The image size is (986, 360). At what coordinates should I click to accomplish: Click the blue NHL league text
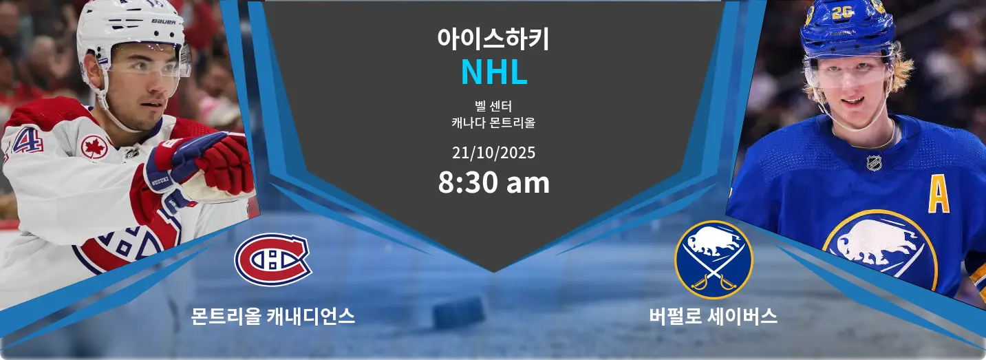(493, 72)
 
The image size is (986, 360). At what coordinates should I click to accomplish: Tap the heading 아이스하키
(493, 39)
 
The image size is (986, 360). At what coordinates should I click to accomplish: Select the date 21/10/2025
(493, 153)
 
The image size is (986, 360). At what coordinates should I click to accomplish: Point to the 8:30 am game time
(493, 182)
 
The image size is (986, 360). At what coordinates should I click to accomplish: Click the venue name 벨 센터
(493, 106)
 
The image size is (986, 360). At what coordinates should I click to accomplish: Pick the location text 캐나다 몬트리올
(493, 123)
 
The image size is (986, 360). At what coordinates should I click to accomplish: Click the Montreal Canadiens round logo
(273, 260)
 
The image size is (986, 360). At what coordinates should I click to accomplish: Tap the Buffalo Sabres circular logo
(714, 260)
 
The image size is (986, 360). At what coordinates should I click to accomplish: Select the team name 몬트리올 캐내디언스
(273, 316)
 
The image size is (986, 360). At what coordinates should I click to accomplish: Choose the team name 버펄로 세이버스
(713, 316)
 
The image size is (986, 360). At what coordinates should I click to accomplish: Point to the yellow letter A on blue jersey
(939, 196)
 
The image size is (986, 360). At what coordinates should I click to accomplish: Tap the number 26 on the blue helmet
(842, 12)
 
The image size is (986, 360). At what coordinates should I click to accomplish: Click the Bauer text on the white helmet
(163, 21)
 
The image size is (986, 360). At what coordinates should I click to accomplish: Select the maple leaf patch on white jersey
(94, 147)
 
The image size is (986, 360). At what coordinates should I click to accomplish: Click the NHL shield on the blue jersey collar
(874, 163)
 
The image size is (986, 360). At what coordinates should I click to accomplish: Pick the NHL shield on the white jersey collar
(131, 153)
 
